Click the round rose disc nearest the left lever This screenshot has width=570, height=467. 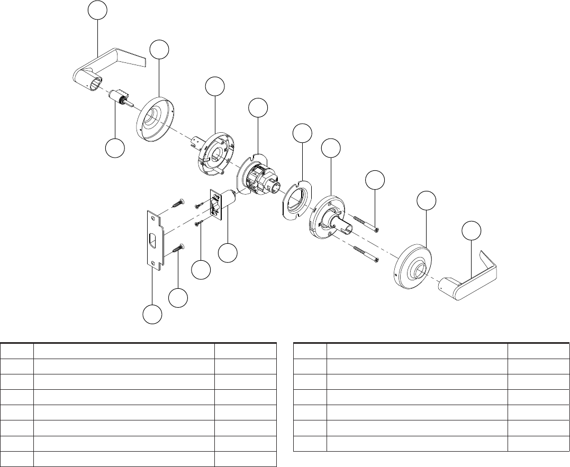pos(155,120)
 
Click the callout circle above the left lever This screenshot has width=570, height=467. pos(98,11)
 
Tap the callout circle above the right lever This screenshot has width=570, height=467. pos(471,232)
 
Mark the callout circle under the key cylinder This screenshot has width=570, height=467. pos(114,149)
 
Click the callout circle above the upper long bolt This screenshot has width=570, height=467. pos(375,179)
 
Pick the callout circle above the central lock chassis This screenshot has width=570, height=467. pos(258,108)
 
